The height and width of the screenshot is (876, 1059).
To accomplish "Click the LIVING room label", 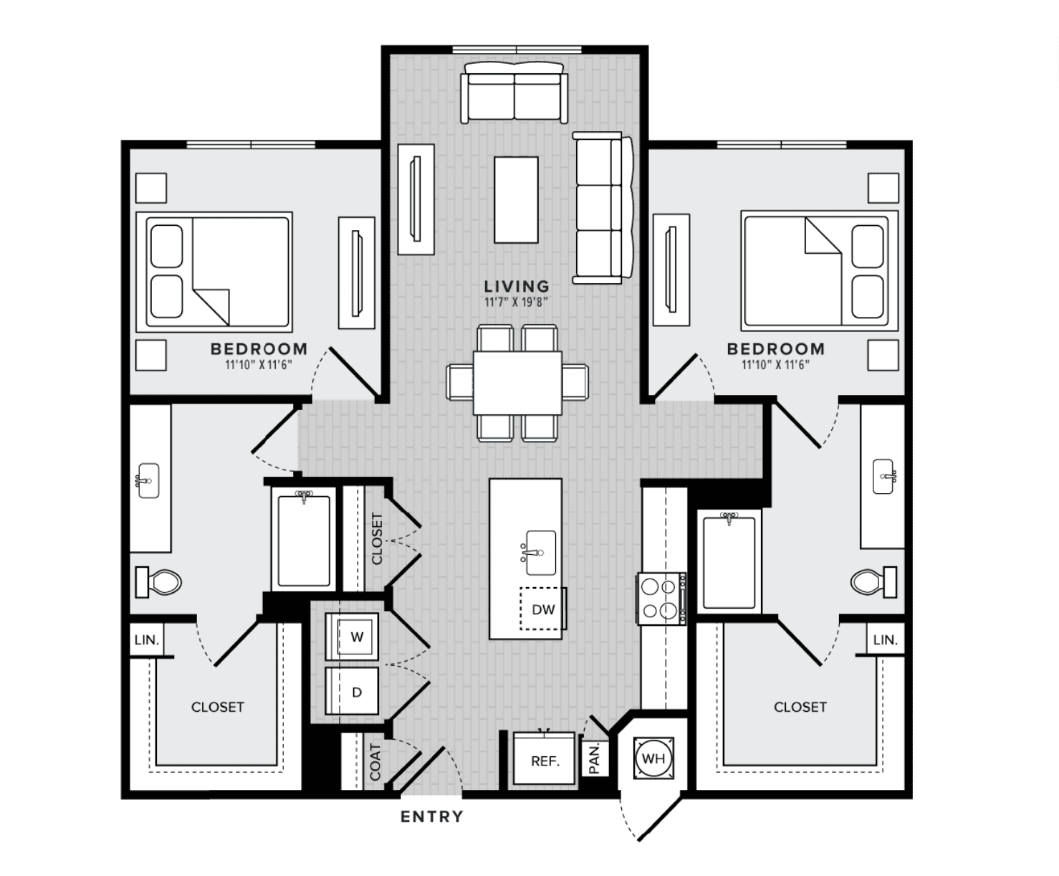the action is coord(517,287).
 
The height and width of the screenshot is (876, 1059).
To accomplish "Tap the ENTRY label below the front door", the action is coord(431,817).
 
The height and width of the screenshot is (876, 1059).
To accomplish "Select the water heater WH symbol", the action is coord(653,758).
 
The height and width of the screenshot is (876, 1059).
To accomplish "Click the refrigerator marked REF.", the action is coord(545,758).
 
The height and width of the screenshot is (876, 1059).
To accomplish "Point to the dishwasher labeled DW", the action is coord(542,609).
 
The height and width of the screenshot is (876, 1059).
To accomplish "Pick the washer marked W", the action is coord(352,637).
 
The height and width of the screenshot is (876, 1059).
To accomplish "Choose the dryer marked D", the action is coord(352,691).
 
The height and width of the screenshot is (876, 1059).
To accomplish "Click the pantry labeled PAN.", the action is coord(595,758).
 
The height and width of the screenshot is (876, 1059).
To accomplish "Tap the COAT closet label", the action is coord(375,762).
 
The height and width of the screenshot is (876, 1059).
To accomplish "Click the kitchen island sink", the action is coord(539,553).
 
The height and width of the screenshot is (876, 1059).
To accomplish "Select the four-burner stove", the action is coord(662,599).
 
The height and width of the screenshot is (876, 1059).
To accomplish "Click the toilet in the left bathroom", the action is coord(158,581).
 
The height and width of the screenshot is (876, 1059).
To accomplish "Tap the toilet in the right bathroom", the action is coord(873,581).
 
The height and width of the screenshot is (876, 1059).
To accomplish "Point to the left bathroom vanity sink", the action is coord(148,480).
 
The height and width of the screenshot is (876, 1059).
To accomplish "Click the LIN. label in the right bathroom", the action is coord(886,640).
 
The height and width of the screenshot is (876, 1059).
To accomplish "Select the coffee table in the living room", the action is coord(517,200).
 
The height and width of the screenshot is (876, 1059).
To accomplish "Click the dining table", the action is coord(517,383).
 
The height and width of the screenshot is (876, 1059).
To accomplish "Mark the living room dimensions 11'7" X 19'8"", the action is coord(517,303).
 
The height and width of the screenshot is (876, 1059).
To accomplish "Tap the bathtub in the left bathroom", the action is coord(303,540).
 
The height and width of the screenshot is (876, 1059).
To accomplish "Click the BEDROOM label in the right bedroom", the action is coord(775,349).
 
